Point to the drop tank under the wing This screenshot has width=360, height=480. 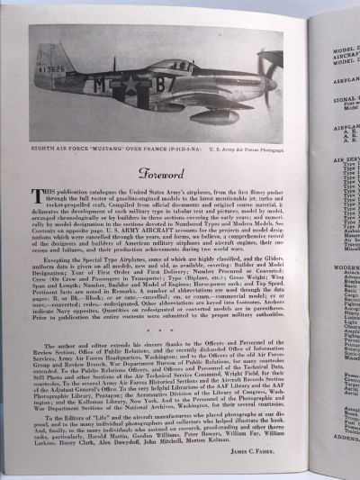(199, 116)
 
